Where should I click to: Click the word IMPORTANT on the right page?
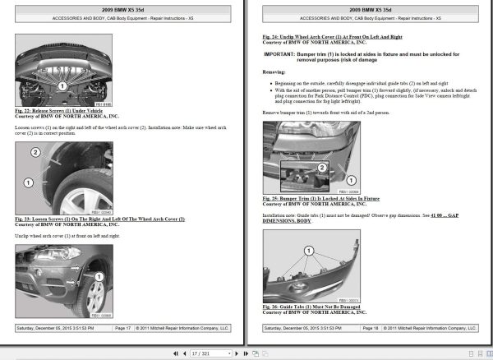pyautogui.click(x=282, y=53)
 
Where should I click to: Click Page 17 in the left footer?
pyautogui.click(x=122, y=327)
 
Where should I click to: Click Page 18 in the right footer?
pyautogui.click(x=371, y=327)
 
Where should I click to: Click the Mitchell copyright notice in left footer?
pyautogui.click(x=183, y=327)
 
